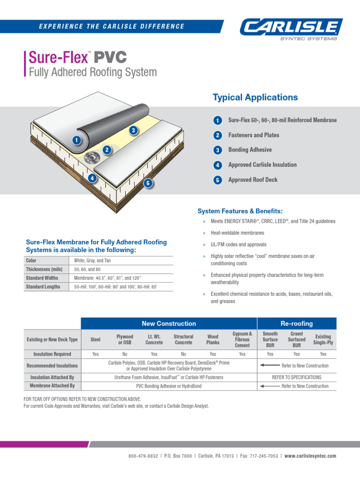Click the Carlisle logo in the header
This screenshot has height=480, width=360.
pos(292,29)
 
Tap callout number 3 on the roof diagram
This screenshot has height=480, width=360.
pos(134,130)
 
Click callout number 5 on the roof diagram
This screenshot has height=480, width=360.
pos(148,183)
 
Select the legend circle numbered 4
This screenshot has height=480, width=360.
pos(217,165)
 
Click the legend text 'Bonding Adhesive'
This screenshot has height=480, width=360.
pos(250,150)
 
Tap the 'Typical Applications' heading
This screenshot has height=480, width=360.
pos(255,97)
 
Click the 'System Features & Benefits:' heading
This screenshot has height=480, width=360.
pos(240,211)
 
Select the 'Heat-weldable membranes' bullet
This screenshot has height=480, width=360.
pos(237,233)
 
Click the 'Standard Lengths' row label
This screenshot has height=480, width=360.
pos(43,287)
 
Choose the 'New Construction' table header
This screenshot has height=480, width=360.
pos(169,323)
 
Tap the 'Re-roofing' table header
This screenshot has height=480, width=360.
pos(296,323)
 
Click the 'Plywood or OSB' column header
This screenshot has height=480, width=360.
pos(125,339)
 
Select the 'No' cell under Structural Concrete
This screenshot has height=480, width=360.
pos(183,354)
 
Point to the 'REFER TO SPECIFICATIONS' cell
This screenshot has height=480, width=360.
pos(297,377)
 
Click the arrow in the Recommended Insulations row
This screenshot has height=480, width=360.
pos(269,365)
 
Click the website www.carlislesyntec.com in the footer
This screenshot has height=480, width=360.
pos(310,456)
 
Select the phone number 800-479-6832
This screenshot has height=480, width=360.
pos(143,456)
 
